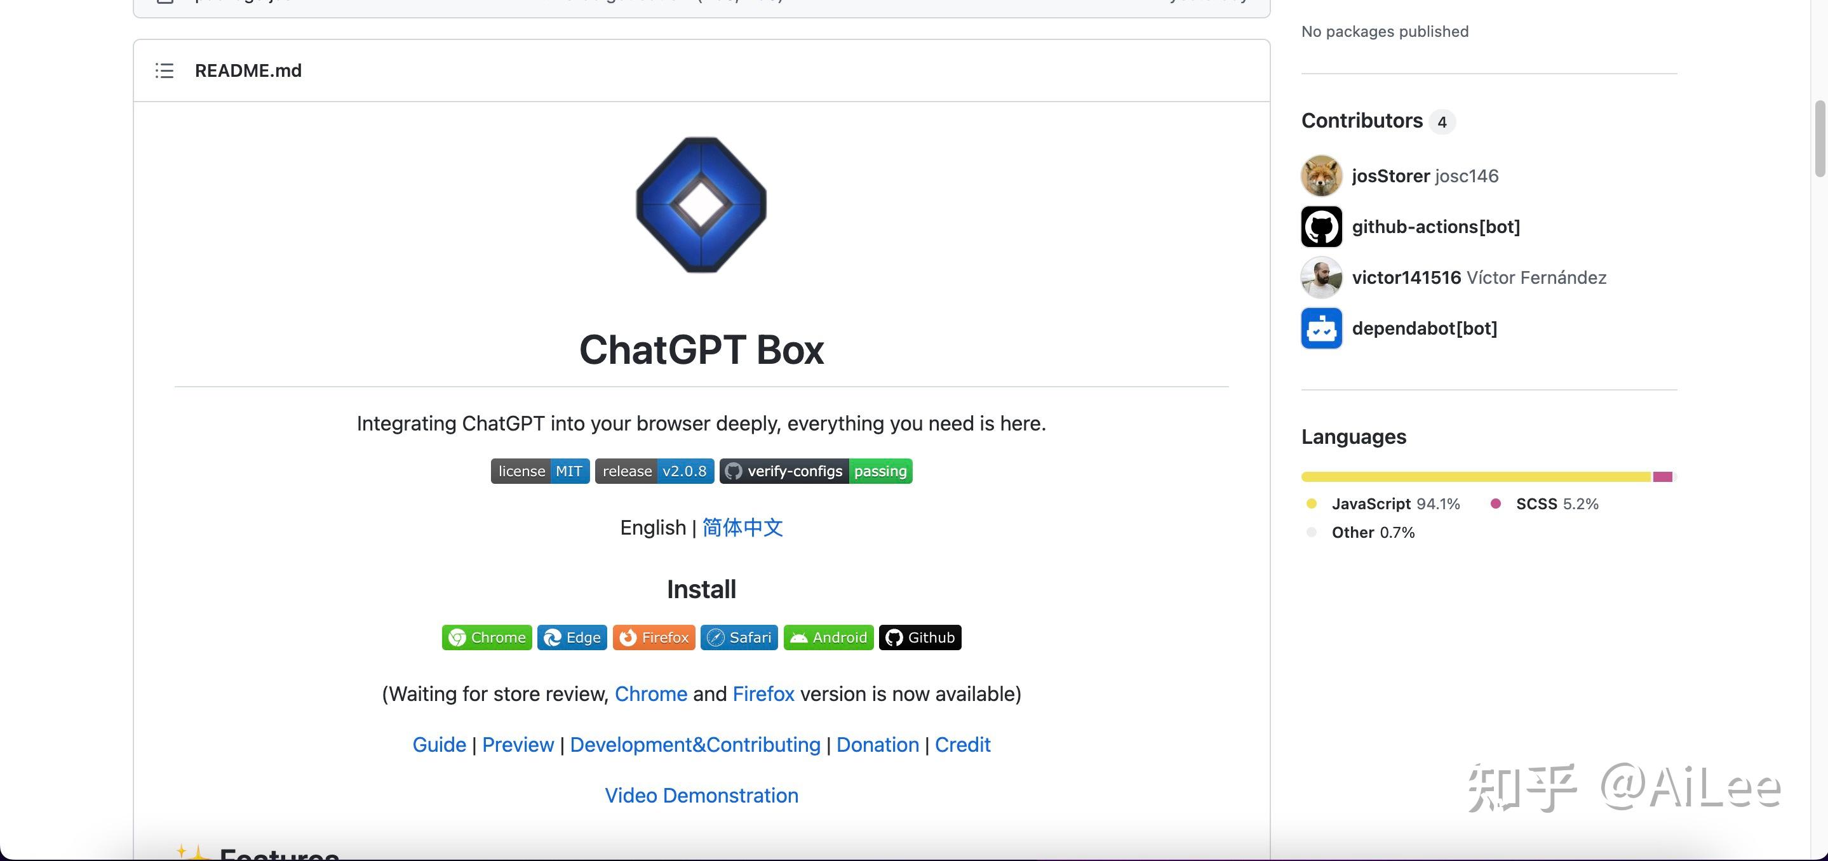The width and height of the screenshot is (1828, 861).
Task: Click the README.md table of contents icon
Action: pos(164,71)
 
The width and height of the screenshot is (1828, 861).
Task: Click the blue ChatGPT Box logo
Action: pos(701,204)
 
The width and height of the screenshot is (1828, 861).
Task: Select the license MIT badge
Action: pos(540,471)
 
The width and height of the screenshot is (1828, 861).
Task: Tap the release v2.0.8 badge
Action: pos(654,471)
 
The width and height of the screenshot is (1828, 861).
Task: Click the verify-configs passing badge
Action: pos(816,471)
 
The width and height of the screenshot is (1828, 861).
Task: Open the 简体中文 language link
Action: pos(743,528)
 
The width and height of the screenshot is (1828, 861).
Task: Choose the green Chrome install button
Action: pos(487,637)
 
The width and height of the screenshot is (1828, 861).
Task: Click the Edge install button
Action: pos(572,637)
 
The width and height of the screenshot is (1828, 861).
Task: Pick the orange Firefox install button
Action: pos(654,637)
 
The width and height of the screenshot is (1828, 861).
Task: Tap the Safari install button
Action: pos(739,637)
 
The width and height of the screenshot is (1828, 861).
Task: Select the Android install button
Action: pos(828,637)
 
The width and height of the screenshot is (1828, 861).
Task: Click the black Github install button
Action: pos(920,637)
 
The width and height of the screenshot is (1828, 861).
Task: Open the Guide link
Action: pos(440,745)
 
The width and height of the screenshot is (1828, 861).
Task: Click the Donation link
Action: pos(877,745)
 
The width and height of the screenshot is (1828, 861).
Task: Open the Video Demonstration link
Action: pos(701,796)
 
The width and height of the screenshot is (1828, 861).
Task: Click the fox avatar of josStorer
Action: pos(1321,176)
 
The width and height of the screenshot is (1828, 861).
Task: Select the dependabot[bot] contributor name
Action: pos(1424,328)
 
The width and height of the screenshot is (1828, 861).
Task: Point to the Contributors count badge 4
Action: pos(1441,122)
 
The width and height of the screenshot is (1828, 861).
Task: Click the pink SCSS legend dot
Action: pos(1496,504)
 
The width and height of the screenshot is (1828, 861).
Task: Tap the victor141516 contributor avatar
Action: pos(1321,277)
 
